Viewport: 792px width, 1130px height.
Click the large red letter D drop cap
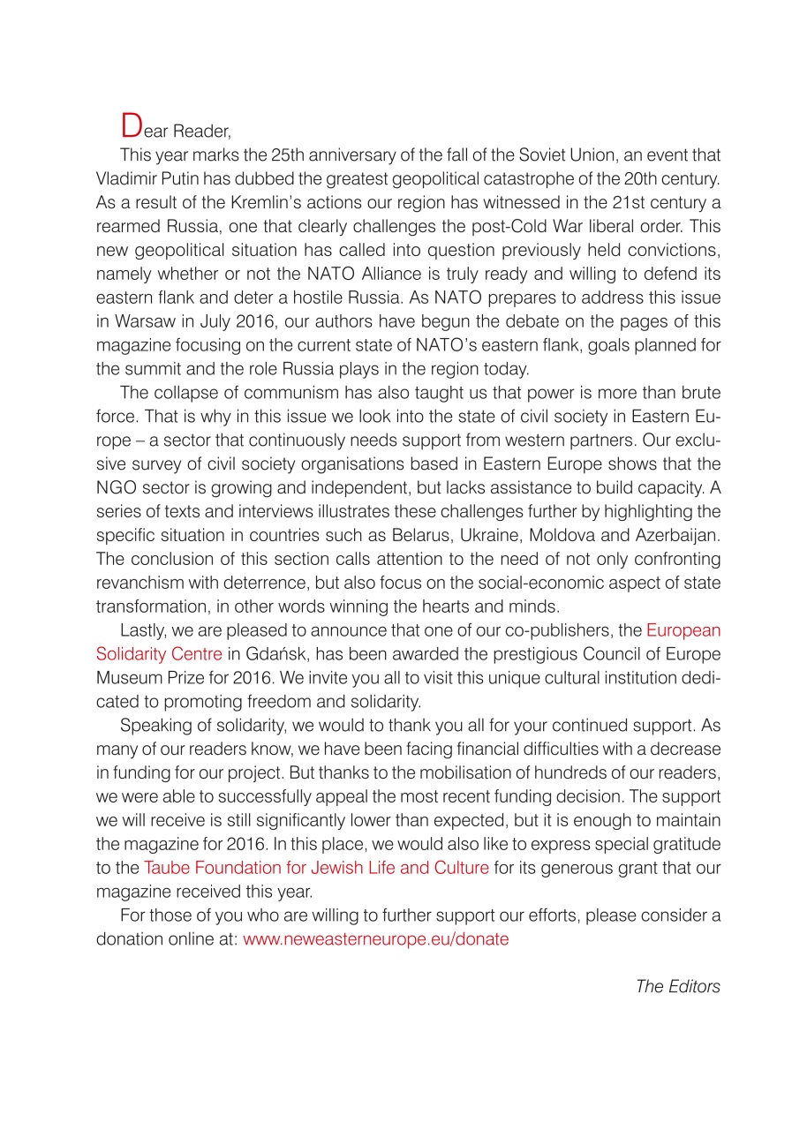(x=131, y=126)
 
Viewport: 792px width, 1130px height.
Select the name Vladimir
(x=126, y=179)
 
